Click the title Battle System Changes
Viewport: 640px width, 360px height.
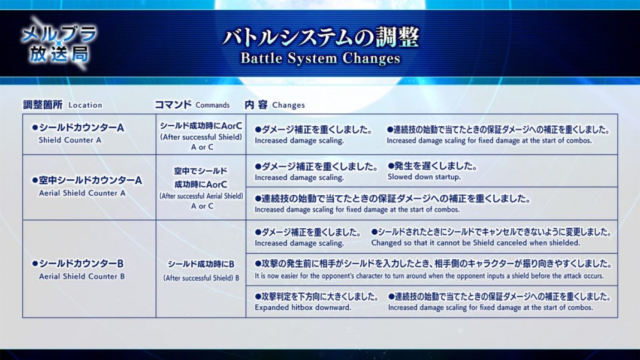pos(321,58)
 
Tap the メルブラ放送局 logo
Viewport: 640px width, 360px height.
pos(59,43)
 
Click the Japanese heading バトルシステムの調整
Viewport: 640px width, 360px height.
pos(321,38)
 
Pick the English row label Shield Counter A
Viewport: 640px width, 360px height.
pos(70,140)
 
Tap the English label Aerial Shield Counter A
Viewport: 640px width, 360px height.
pos(82,193)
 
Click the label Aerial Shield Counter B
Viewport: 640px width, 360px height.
pos(81,276)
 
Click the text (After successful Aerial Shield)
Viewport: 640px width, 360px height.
pos(201,196)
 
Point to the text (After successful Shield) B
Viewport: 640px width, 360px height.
pos(201,279)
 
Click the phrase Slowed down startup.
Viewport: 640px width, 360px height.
pos(424,177)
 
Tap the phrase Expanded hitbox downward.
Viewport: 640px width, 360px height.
pos(303,307)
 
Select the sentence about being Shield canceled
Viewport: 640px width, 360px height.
pos(476,243)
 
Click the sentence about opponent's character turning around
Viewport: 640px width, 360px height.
pos(429,276)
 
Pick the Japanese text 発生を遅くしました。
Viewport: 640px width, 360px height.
pos(432,166)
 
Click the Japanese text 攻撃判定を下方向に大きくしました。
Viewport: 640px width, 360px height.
pos(317,297)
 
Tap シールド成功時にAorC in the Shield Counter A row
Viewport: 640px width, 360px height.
pos(201,126)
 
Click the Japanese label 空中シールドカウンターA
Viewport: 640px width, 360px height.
pos(87,180)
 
